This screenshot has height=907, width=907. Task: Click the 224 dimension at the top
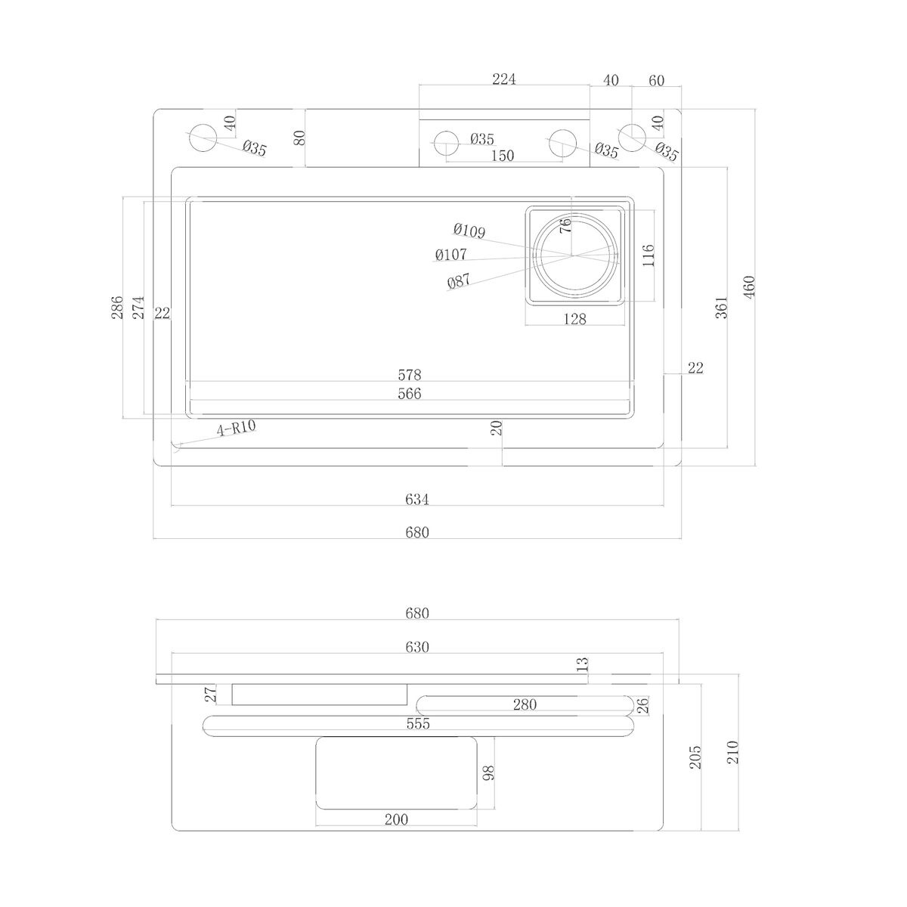pyautogui.click(x=503, y=79)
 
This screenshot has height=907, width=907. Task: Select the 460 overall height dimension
pyautogui.click(x=749, y=286)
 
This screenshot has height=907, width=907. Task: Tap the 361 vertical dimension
pyautogui.click(x=722, y=308)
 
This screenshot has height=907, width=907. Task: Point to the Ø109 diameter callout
pyautogui.click(x=469, y=231)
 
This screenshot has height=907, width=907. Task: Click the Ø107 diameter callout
pyautogui.click(x=451, y=255)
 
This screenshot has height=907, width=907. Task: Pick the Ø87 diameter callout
pyautogui.click(x=459, y=281)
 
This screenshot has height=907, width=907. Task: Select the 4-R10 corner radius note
pyautogui.click(x=236, y=428)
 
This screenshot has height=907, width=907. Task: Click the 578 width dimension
pyautogui.click(x=410, y=375)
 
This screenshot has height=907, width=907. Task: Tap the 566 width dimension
pyautogui.click(x=410, y=394)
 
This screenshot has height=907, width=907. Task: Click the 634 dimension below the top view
pyautogui.click(x=417, y=499)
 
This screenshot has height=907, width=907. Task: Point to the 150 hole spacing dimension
pyautogui.click(x=502, y=156)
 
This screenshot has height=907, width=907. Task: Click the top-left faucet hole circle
pyautogui.click(x=203, y=138)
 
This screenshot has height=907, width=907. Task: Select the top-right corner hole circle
pyautogui.click(x=632, y=138)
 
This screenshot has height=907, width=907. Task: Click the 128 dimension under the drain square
pyautogui.click(x=574, y=319)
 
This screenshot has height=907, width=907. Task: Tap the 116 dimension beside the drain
pyautogui.click(x=648, y=255)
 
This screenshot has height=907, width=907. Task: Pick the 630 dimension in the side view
pyautogui.click(x=417, y=647)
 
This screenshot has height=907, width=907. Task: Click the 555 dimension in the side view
pyautogui.click(x=418, y=723)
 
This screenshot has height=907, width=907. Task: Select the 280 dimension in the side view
pyautogui.click(x=525, y=704)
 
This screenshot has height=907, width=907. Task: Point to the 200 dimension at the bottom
pyautogui.click(x=396, y=819)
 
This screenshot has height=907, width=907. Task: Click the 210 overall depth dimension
pyautogui.click(x=732, y=751)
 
